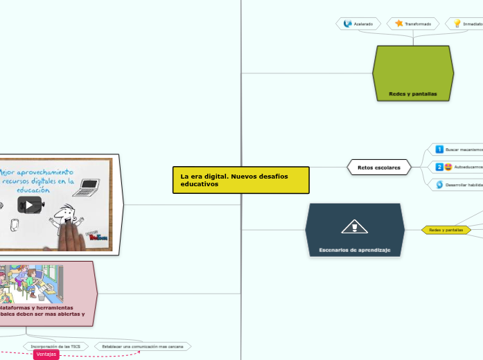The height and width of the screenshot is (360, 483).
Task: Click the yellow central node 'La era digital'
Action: click(x=240, y=180)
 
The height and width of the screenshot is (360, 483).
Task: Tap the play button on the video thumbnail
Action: click(x=29, y=204)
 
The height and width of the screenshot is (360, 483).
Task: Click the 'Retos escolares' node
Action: click(x=378, y=168)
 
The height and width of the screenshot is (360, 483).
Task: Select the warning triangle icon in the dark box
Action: click(x=354, y=226)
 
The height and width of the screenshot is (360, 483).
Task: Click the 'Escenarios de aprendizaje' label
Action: click(x=354, y=249)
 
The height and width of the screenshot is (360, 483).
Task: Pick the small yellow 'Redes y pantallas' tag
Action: click(x=446, y=230)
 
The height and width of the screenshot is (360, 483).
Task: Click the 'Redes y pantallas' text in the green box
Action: click(x=412, y=93)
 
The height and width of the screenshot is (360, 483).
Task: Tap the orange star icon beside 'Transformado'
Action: click(x=399, y=24)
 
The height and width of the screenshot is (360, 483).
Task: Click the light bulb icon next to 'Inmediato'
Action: click(x=457, y=24)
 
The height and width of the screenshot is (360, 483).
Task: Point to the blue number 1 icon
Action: click(x=439, y=149)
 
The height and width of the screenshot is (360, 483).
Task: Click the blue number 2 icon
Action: click(x=439, y=167)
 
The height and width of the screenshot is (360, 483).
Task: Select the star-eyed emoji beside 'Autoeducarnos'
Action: click(x=448, y=167)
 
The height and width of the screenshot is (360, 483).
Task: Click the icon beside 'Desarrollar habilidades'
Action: click(x=439, y=185)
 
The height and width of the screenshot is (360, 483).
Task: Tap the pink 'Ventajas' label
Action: click(x=46, y=354)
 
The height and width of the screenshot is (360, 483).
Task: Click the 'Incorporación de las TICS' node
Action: click(x=55, y=345)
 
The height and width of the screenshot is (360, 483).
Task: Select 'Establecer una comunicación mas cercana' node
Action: click(x=143, y=345)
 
